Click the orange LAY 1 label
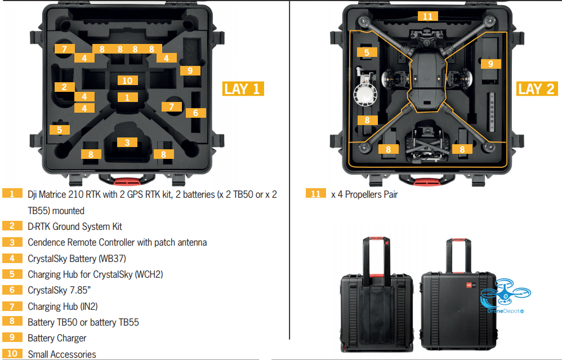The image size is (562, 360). (243, 88)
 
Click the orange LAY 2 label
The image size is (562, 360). (537, 88)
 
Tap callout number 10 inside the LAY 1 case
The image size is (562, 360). (127, 81)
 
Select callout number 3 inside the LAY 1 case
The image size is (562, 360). (127, 142)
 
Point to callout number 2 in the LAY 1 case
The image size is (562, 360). (64, 87)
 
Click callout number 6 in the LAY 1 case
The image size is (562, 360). (195, 113)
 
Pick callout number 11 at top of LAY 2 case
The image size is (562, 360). (427, 16)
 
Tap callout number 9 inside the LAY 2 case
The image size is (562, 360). (490, 64)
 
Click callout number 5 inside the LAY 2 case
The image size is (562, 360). (367, 52)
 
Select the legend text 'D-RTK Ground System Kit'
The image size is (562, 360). (75, 226)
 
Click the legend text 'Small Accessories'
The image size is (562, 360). (61, 354)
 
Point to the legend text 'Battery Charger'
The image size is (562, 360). (57, 338)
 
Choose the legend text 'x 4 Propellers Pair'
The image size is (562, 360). (364, 194)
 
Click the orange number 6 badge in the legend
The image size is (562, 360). (12, 290)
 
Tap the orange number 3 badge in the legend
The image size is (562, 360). (12, 242)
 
